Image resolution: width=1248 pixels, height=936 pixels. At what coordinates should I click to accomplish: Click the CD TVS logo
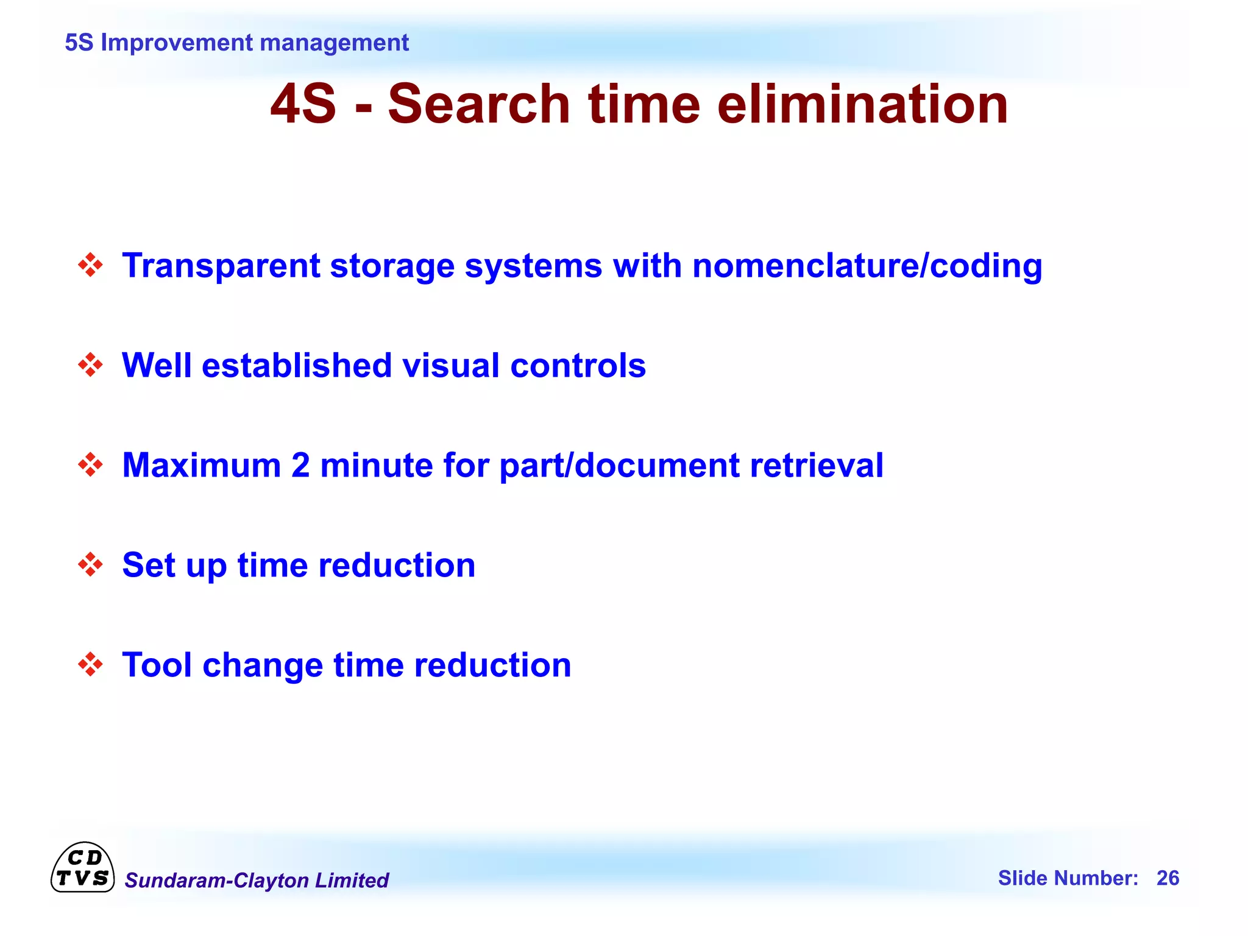pyautogui.click(x=82, y=868)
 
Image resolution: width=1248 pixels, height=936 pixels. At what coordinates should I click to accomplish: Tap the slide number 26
pyautogui.click(x=1168, y=878)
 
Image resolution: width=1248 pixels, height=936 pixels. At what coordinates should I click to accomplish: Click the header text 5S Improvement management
pyautogui.click(x=236, y=43)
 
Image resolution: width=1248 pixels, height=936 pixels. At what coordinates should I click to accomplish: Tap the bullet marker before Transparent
pyautogui.click(x=91, y=265)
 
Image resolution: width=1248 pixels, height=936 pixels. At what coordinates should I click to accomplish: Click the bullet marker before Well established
pyautogui.click(x=91, y=365)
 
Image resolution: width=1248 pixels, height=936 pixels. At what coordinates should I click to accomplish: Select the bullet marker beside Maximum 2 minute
pyautogui.click(x=91, y=465)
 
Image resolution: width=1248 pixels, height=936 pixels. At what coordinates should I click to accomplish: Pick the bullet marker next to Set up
pyautogui.click(x=91, y=565)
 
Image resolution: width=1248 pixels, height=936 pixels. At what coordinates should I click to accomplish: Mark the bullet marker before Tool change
pyautogui.click(x=91, y=664)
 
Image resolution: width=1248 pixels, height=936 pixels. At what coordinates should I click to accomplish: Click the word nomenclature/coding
pyautogui.click(x=867, y=266)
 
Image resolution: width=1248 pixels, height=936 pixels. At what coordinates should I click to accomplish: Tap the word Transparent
pyautogui.click(x=221, y=266)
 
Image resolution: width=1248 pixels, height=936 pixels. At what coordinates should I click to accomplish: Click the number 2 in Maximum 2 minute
pyautogui.click(x=300, y=466)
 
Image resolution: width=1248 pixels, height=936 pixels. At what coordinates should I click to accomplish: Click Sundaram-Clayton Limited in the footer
pyautogui.click(x=257, y=881)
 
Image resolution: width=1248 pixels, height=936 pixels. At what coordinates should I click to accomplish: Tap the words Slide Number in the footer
pyautogui.click(x=1068, y=878)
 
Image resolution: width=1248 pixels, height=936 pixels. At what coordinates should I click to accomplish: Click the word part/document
pyautogui.click(x=619, y=466)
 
